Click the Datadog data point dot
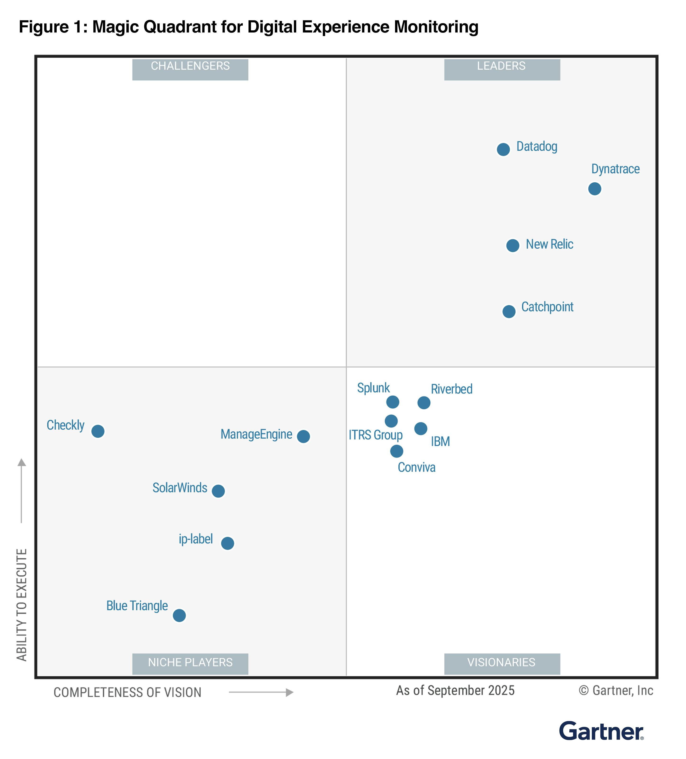click(503, 149)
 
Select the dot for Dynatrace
click(594, 189)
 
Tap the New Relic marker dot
click(512, 245)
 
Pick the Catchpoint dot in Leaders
click(509, 311)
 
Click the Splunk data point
click(392, 402)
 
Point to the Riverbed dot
click(424, 403)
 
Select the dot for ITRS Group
click(391, 421)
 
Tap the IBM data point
click(421, 428)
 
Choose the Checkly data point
click(98, 431)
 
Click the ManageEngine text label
click(256, 435)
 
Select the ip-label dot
click(227, 543)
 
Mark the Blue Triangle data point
click(179, 616)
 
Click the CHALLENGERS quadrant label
click(190, 66)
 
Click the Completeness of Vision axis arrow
click(261, 692)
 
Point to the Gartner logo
click(601, 731)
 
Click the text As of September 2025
click(455, 690)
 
